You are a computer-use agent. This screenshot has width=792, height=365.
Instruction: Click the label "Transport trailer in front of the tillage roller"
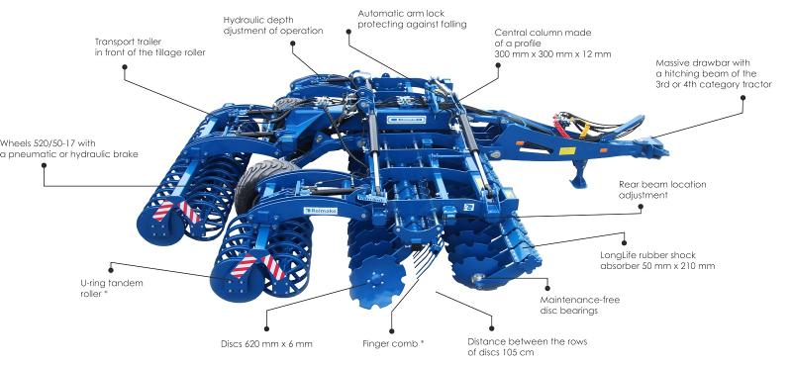point(150,46)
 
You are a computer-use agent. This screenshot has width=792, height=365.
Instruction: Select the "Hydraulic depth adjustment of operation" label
point(273,26)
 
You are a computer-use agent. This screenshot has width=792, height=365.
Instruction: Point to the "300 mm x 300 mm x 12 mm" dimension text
point(552,53)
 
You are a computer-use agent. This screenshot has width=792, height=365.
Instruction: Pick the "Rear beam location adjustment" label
point(662,189)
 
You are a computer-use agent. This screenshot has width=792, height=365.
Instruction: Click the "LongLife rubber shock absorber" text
point(657,260)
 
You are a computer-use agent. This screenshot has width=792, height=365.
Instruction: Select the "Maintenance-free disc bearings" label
point(579,305)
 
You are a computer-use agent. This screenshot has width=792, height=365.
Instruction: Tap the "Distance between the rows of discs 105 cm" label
point(528,347)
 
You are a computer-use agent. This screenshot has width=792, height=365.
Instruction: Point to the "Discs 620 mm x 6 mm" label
point(266,344)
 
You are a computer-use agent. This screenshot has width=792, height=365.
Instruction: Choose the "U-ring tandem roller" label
point(112,288)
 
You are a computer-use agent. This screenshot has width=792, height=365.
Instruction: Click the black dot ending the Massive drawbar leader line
point(743,97)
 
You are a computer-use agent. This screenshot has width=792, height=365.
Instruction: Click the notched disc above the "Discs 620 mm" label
point(377,282)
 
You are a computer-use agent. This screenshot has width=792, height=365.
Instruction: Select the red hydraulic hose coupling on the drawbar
point(559,127)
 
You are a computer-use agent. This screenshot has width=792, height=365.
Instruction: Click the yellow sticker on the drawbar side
point(566,151)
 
